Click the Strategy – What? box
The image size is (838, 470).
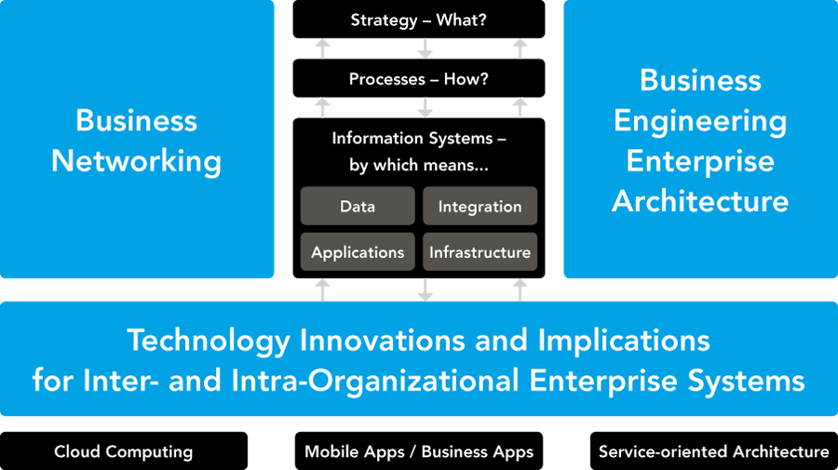point(419,20)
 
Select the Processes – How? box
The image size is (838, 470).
point(419,78)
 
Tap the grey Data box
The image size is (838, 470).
point(358,206)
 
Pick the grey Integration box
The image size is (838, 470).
point(480,206)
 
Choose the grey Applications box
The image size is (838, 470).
point(358,251)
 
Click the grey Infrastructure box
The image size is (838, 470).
point(480,251)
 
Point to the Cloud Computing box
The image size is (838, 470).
point(124,451)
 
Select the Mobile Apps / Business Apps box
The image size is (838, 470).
point(419,451)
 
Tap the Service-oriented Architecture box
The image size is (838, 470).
point(714,451)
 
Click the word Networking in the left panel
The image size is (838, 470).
point(136,161)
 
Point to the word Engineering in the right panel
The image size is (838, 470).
point(700,122)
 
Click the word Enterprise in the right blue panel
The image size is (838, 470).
point(700,161)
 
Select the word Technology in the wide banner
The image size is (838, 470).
point(209,341)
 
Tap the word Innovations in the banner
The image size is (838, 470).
point(384,341)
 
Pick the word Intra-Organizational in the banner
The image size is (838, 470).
point(374,381)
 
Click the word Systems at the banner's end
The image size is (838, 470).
point(746,381)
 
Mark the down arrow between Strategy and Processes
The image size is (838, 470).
point(426,48)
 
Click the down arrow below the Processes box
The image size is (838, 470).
point(426,108)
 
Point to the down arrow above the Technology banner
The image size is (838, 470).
point(426,290)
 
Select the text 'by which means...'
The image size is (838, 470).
point(419,165)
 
